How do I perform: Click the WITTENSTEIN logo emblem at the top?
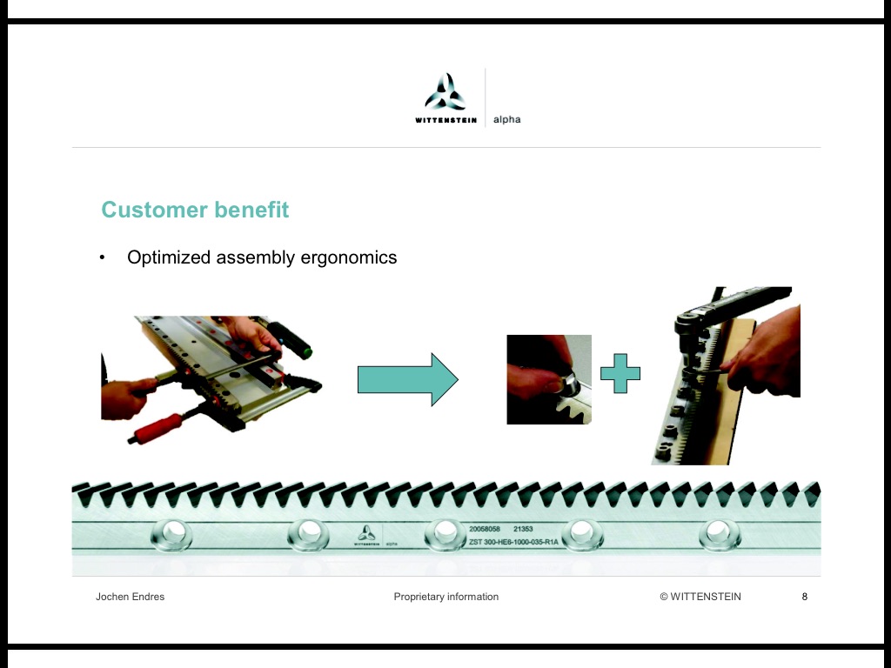445,92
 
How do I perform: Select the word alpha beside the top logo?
507,119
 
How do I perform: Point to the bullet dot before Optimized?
103,257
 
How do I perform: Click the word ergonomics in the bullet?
349,257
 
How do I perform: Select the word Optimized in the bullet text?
170,257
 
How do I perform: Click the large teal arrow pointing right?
408,379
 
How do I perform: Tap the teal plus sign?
620,373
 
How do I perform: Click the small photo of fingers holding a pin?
549,379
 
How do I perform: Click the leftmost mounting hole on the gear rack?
171,535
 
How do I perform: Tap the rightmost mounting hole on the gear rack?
720,535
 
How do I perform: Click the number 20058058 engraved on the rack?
484,529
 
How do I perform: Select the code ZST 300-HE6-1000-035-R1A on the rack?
513,542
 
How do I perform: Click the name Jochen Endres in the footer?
131,597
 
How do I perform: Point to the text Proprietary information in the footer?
446,597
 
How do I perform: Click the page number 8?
805,597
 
